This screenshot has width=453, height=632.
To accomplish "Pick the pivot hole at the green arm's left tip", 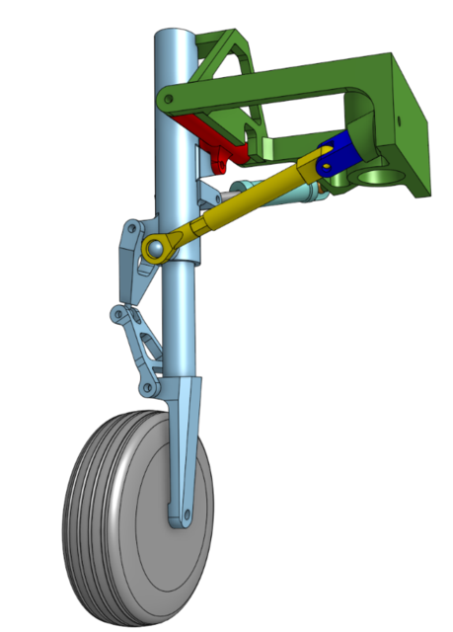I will (169, 101).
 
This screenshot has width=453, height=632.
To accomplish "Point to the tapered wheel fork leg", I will (184, 444).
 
